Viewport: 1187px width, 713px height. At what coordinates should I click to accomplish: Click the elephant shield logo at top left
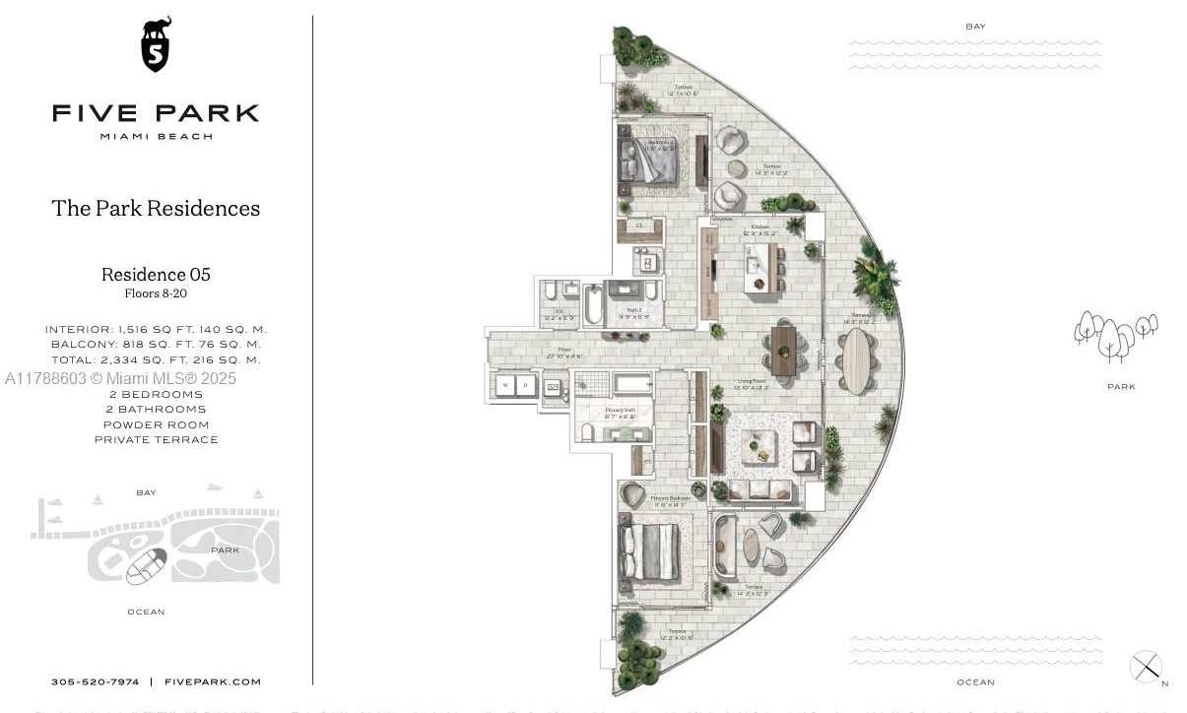[156, 44]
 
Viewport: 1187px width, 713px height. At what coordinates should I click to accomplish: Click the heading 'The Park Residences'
[156, 208]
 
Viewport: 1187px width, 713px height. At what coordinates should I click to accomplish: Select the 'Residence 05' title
[156, 275]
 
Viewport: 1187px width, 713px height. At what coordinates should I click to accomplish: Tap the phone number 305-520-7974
[96, 681]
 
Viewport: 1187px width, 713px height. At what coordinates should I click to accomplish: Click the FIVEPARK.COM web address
[213, 681]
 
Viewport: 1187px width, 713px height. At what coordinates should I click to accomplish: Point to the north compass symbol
[1147, 668]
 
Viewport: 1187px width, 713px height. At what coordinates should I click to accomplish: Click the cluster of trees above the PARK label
[1114, 336]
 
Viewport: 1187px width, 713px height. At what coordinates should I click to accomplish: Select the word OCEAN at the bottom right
[975, 681]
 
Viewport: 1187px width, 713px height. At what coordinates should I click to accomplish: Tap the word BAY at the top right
[975, 27]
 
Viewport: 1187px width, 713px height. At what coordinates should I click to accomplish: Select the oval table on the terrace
[856, 360]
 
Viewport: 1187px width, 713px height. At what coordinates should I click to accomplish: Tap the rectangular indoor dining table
[783, 352]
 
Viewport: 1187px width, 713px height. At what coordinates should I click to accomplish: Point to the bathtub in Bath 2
[592, 305]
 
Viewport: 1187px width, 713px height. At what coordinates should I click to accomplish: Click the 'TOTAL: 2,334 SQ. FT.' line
[156, 359]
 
